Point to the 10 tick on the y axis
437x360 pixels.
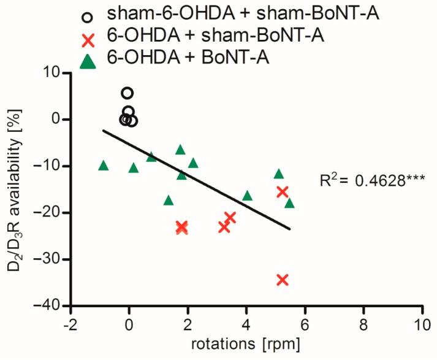(x=49, y=72)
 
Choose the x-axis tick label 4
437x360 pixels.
(x=246, y=323)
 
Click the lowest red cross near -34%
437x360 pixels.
(x=283, y=280)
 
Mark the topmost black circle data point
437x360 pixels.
(x=127, y=93)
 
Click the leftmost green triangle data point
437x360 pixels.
(x=104, y=166)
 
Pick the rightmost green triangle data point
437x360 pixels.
(x=289, y=203)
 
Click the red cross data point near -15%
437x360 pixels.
(x=283, y=191)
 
